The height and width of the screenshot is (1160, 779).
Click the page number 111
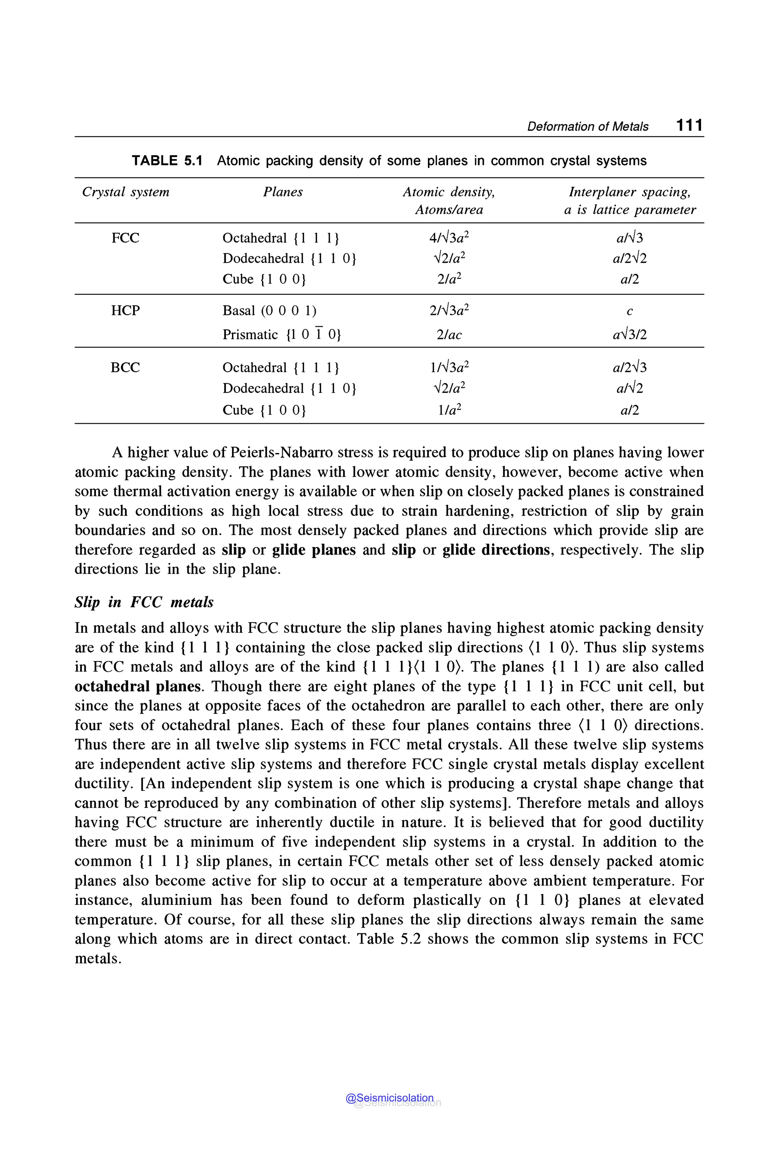point(689,125)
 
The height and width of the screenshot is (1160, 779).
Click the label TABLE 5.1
point(167,160)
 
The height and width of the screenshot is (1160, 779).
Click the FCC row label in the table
point(125,238)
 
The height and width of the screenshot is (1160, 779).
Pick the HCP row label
point(125,310)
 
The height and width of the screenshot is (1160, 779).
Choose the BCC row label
point(125,368)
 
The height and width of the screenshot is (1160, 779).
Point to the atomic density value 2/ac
point(448,335)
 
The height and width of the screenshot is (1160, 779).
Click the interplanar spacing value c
point(630,311)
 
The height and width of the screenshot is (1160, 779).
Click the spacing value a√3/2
point(630,335)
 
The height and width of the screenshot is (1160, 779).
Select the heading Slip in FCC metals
point(144,602)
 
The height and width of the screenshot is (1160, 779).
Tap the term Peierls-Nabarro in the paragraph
point(282,453)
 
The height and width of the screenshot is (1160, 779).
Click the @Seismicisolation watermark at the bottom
point(390,1098)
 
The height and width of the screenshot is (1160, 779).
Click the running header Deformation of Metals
point(587,127)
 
